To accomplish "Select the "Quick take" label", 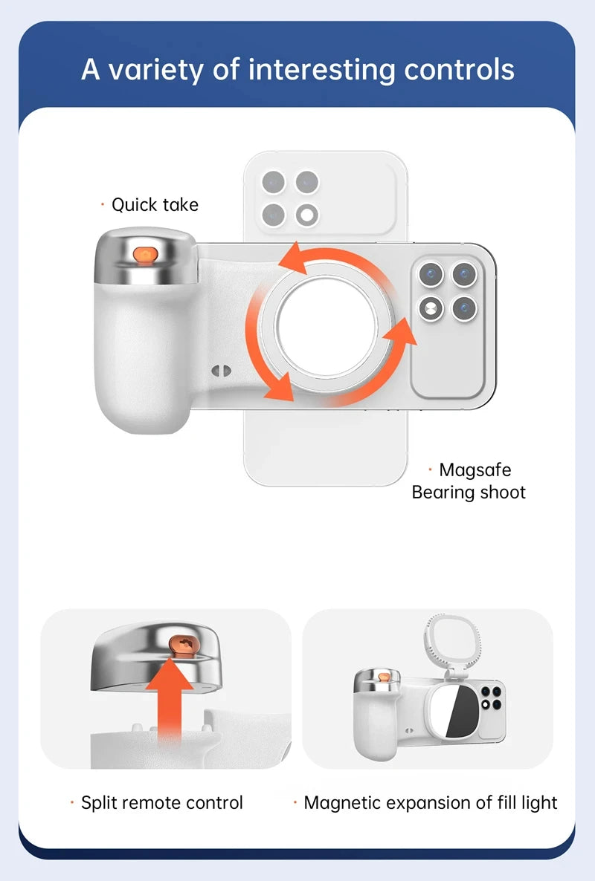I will [155, 204].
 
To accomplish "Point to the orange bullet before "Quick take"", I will [103, 204].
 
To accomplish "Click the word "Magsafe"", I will [475, 469].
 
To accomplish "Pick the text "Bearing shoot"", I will [469, 492].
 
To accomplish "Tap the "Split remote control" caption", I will [161, 802].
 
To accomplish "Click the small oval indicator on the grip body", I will [217, 369].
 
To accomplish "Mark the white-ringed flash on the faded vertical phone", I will [306, 215].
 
